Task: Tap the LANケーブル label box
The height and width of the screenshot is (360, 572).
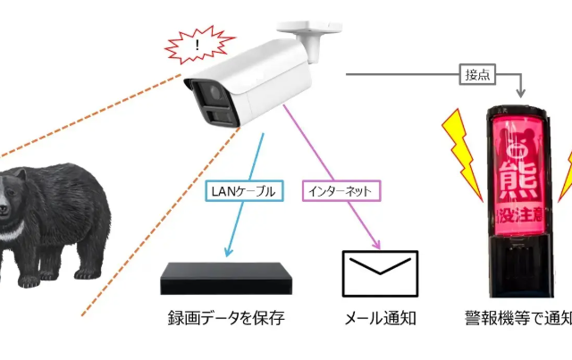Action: pyautogui.click(x=241, y=190)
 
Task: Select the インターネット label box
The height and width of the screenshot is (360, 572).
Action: pyautogui.click(x=341, y=190)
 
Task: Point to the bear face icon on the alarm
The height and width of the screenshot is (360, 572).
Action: pyautogui.click(x=522, y=143)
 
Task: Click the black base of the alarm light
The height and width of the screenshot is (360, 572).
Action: pyautogui.click(x=523, y=268)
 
